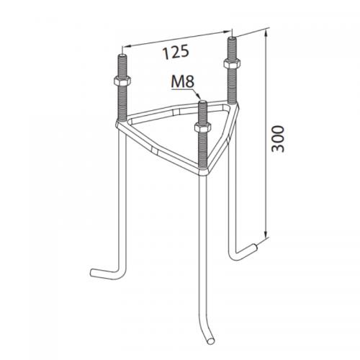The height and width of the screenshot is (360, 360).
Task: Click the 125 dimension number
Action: click(176, 52)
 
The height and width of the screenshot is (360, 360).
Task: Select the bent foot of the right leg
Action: click(246, 251)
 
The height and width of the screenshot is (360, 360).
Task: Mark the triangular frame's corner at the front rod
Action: click(204, 170)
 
